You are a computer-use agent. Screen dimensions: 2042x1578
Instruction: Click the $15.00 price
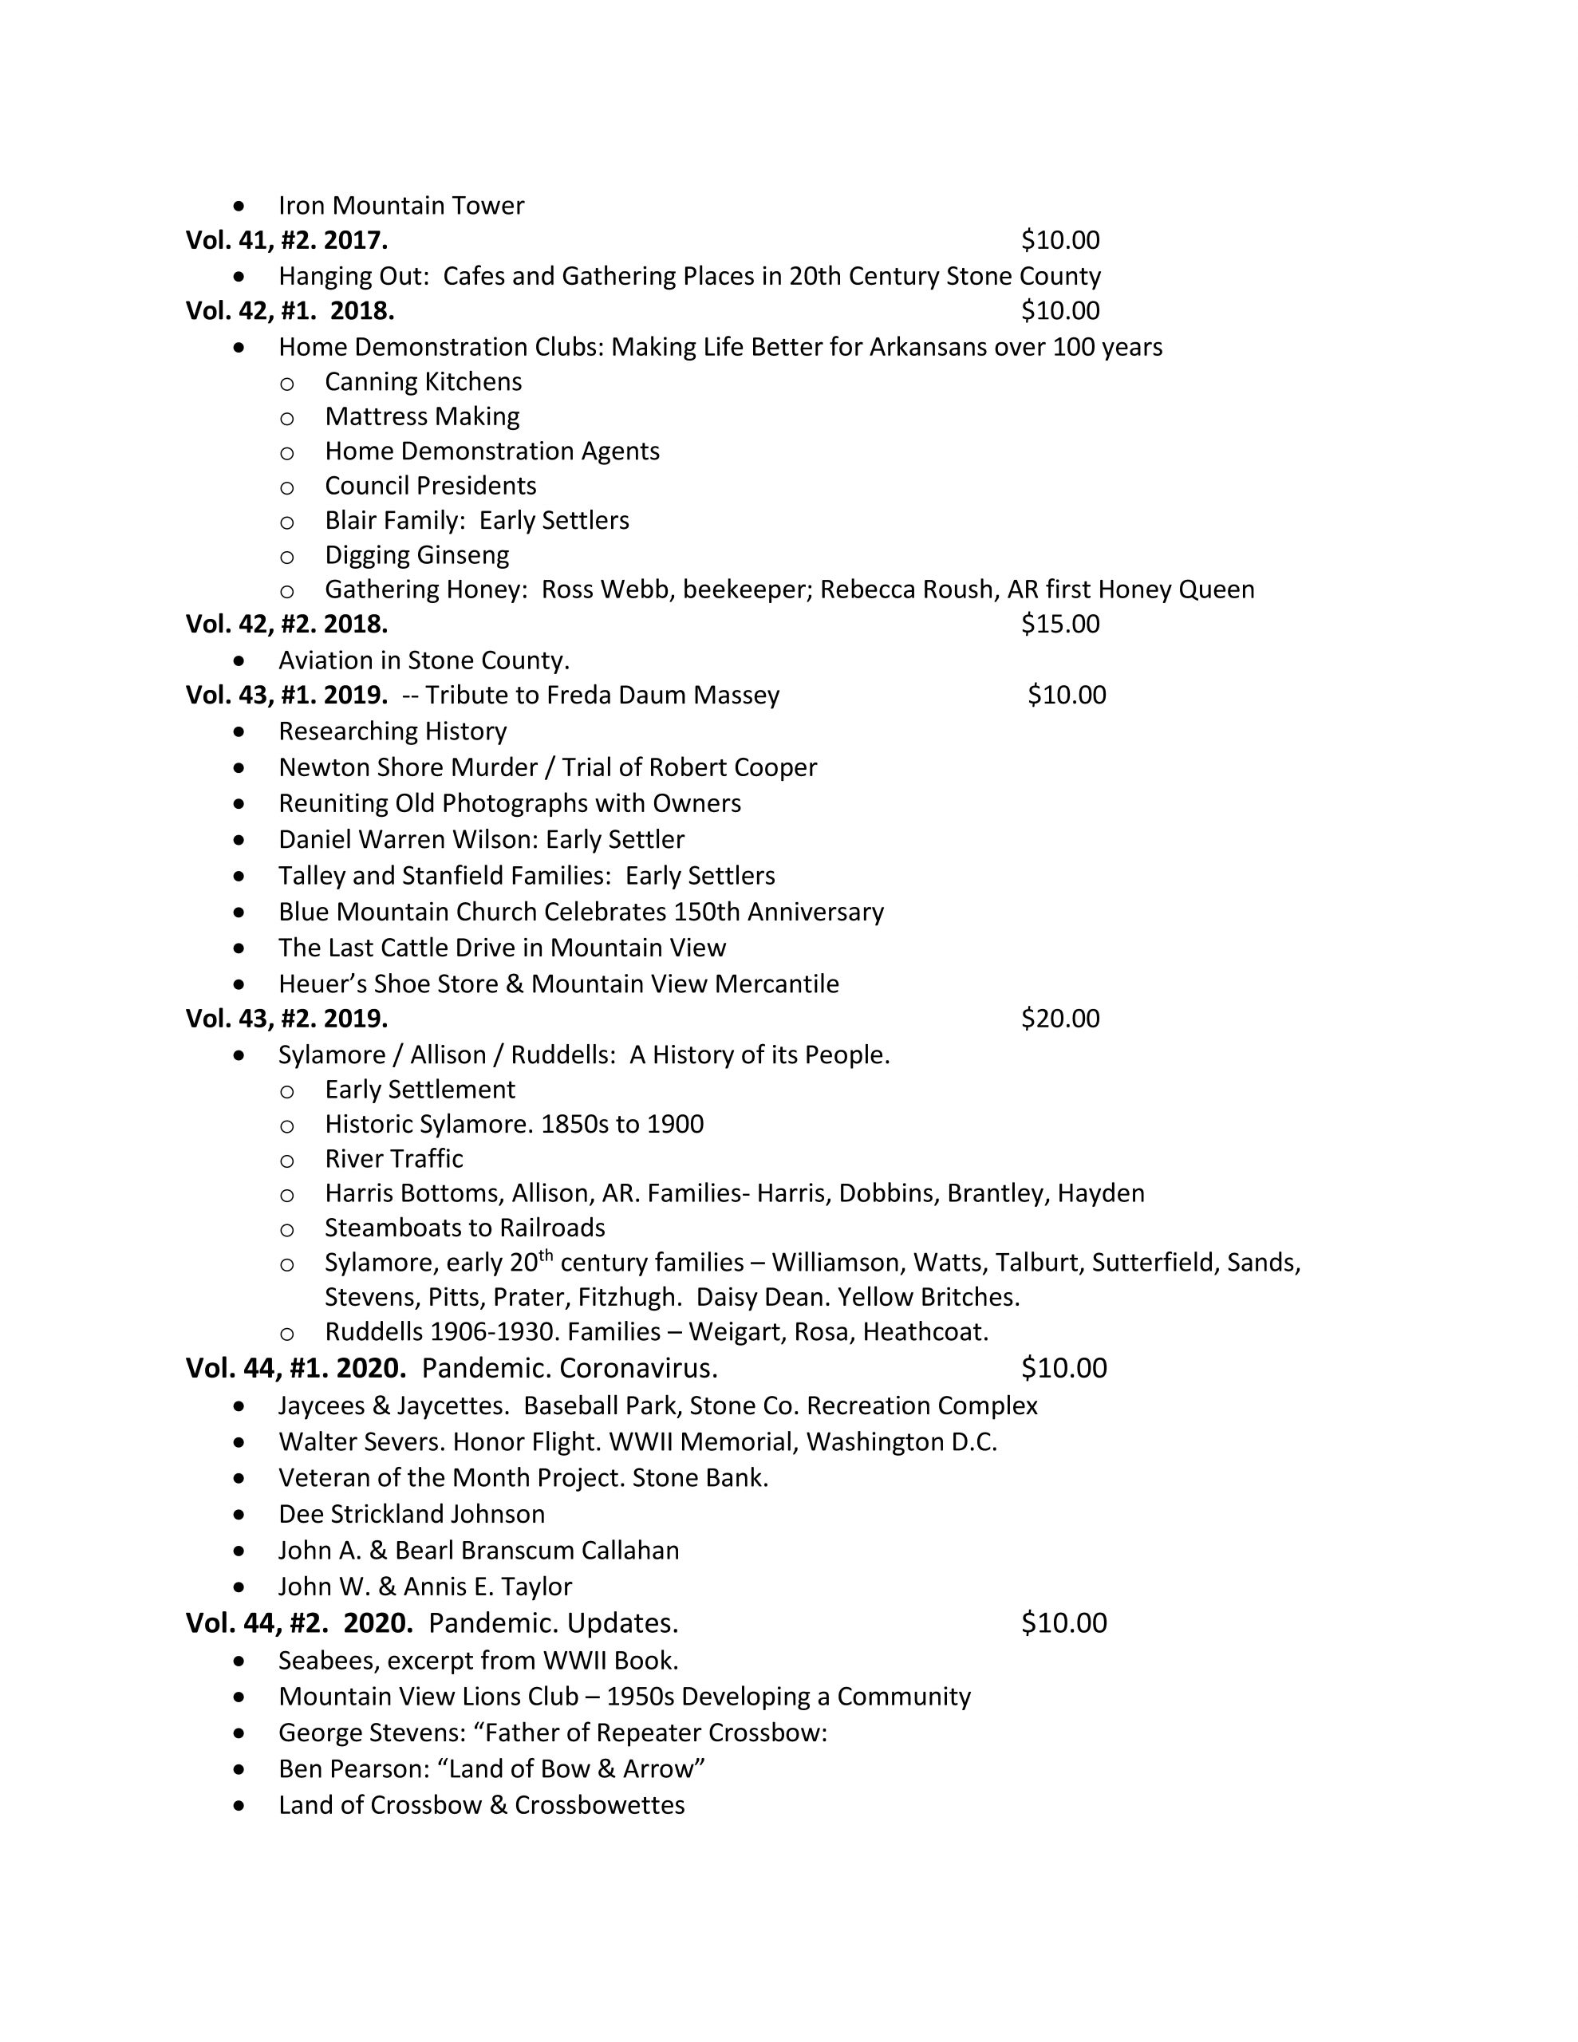tap(1059, 624)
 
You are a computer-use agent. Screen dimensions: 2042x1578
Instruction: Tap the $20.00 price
tap(1059, 1018)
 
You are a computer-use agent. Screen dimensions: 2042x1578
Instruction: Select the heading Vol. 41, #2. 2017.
tap(286, 240)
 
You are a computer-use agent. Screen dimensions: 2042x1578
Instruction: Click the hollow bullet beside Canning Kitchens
tap(287, 382)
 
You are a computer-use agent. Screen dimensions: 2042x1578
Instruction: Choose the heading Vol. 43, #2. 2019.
tap(286, 1018)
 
